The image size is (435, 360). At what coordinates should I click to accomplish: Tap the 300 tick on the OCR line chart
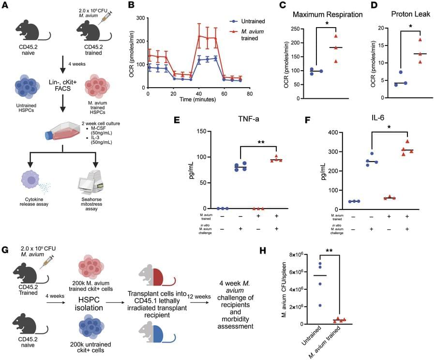pos(140,17)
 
